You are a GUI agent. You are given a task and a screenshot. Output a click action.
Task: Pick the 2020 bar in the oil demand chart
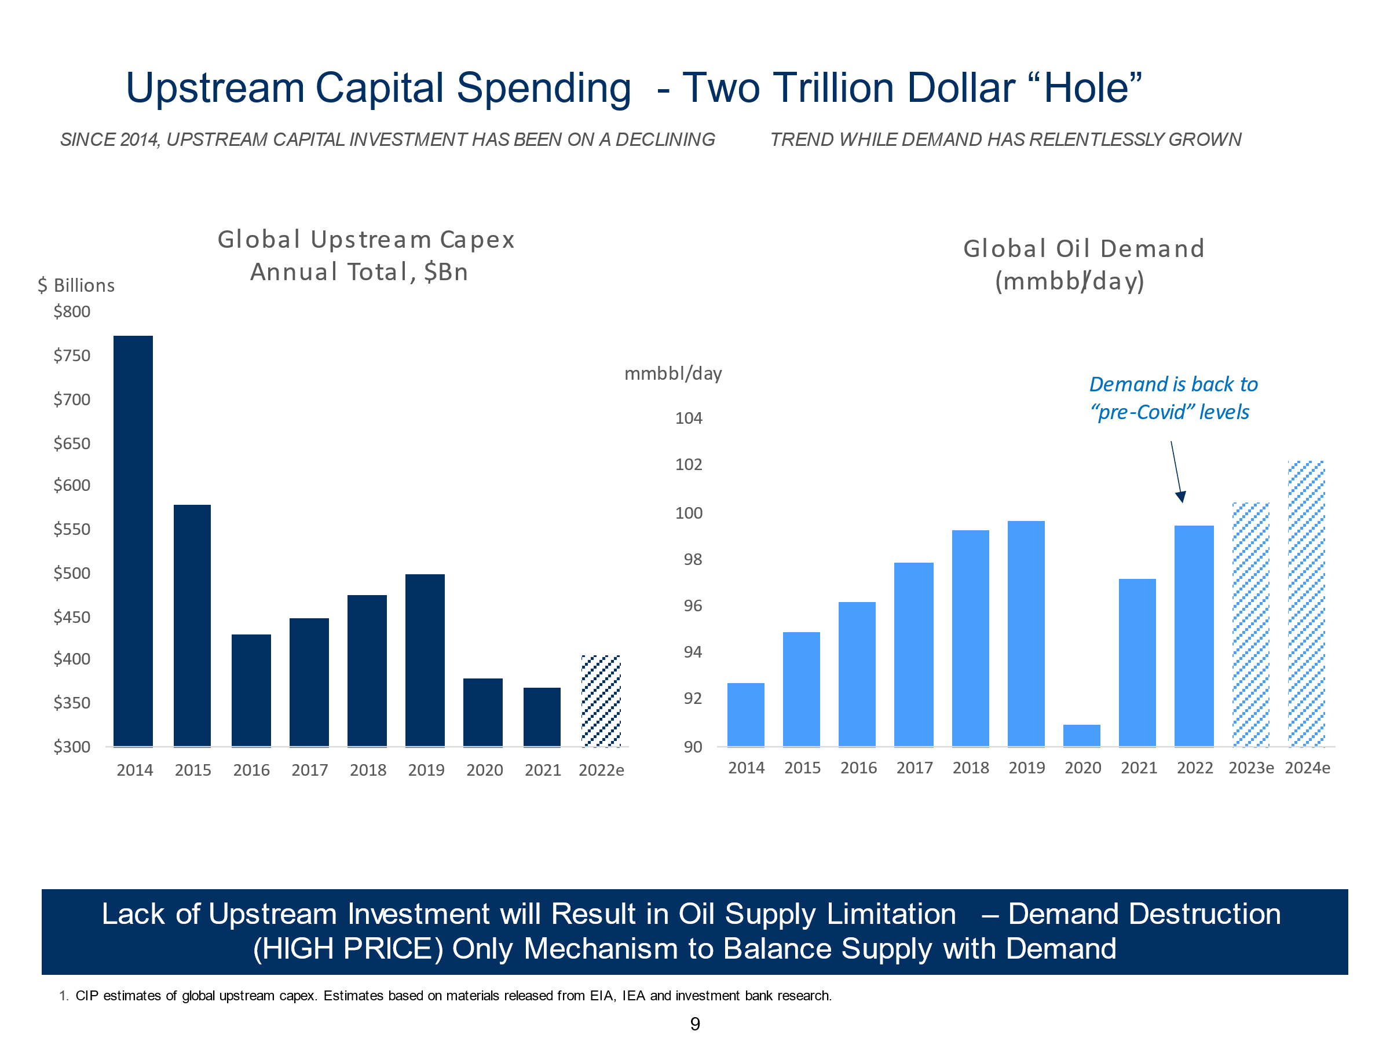pyautogui.click(x=1081, y=736)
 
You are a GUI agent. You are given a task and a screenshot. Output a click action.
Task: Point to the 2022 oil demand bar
pyautogui.click(x=1194, y=636)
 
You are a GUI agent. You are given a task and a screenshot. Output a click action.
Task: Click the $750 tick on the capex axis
pyautogui.click(x=72, y=355)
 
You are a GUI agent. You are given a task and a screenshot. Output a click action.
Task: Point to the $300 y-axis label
pyautogui.click(x=72, y=747)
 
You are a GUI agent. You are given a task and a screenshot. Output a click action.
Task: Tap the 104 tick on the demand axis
pyautogui.click(x=689, y=419)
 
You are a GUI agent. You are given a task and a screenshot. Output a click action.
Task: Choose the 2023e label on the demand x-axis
pyautogui.click(x=1250, y=768)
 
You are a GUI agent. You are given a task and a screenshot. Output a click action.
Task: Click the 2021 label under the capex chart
pyautogui.click(x=542, y=770)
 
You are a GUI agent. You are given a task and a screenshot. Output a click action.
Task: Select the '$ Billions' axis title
pyautogui.click(x=76, y=286)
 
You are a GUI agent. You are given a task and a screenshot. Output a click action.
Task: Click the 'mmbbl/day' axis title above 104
pyautogui.click(x=673, y=374)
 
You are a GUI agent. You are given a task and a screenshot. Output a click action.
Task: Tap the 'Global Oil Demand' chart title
pyautogui.click(x=1084, y=249)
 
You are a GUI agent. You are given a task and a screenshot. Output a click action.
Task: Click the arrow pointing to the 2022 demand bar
pyautogui.click(x=1176, y=471)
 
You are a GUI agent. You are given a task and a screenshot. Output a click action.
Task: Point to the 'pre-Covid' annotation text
pyautogui.click(x=1169, y=412)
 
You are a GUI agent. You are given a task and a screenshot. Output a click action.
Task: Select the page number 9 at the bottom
pyautogui.click(x=695, y=1024)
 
